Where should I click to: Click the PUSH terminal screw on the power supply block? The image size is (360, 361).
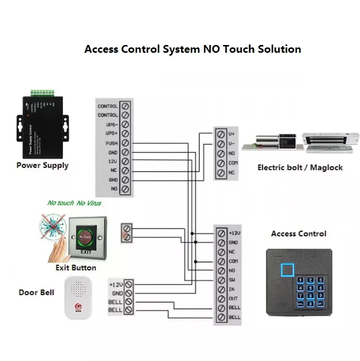pyautogui.click(x=125, y=143)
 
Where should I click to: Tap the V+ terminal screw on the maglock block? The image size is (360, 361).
pyautogui.click(x=220, y=134)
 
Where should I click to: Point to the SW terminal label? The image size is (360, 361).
pyautogui.click(x=233, y=280)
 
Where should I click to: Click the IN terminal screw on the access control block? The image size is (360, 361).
pyautogui.click(x=221, y=289)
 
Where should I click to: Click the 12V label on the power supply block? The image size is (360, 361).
pyautogui.click(x=112, y=162)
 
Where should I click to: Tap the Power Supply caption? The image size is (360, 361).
pyautogui.click(x=43, y=165)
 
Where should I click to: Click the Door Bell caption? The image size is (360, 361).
pyautogui.click(x=36, y=292)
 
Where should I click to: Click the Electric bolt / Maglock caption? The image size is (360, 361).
pyautogui.click(x=300, y=167)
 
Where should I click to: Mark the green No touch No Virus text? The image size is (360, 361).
pyautogui.click(x=74, y=203)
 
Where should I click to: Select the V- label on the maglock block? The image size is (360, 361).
pyautogui.click(x=232, y=143)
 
